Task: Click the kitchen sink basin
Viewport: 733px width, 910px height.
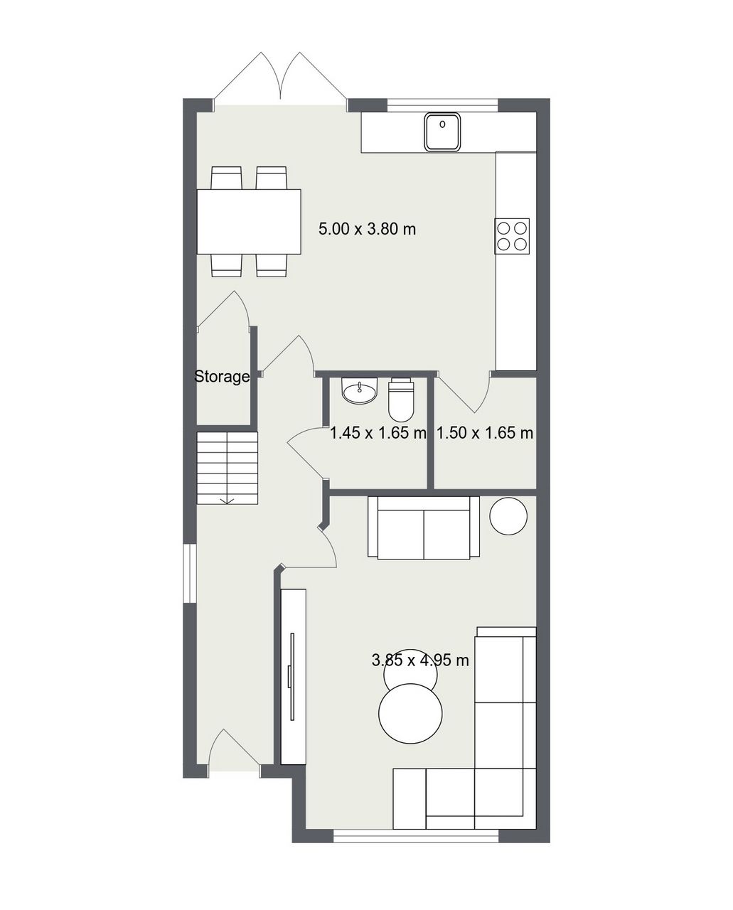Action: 442,132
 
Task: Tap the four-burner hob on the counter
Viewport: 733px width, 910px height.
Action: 512,236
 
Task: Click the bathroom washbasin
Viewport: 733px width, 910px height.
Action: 359,390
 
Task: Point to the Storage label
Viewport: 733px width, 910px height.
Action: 222,376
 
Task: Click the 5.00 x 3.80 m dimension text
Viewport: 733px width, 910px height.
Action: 367,229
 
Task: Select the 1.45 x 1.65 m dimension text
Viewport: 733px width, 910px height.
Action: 378,433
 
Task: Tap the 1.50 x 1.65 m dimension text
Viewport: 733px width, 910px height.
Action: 485,433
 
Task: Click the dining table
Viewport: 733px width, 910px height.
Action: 249,222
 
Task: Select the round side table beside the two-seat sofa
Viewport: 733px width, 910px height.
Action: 508,516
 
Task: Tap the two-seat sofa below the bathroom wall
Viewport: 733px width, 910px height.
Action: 424,528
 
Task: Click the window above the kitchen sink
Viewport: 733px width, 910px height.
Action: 443,105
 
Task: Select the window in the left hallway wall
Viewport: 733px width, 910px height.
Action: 190,573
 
